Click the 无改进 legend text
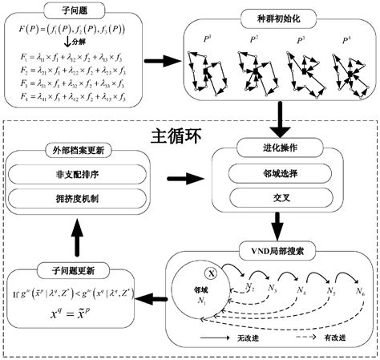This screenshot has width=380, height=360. (245, 338)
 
